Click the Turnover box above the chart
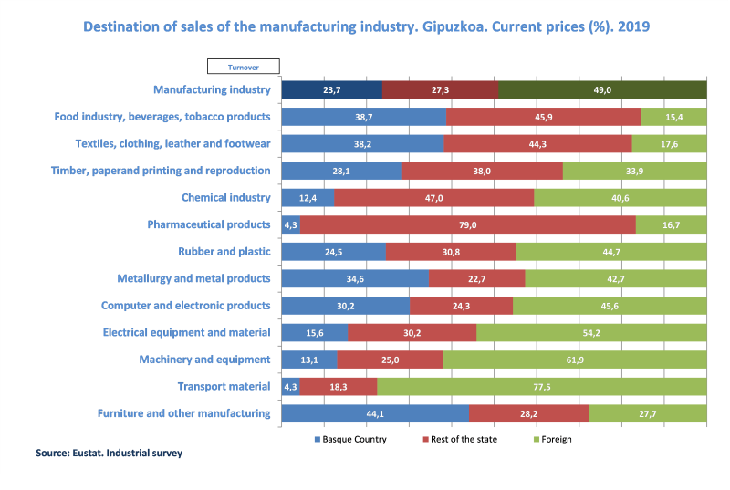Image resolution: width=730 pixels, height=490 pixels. pyautogui.click(x=244, y=66)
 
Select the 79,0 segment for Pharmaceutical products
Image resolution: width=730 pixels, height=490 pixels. pyautogui.click(x=468, y=224)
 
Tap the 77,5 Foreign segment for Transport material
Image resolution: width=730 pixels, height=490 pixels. pyautogui.click(x=542, y=387)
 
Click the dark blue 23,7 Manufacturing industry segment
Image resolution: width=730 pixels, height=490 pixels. pyautogui.click(x=331, y=89)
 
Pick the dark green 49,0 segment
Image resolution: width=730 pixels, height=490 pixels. pyautogui.click(x=602, y=89)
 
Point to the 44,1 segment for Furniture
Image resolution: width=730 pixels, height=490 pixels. pyautogui.click(x=375, y=413)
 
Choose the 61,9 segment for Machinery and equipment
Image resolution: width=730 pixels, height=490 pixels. pyautogui.click(x=575, y=360)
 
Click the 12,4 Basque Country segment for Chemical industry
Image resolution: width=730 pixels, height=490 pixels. pyautogui.click(x=308, y=198)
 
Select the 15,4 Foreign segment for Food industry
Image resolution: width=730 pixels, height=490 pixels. pyautogui.click(x=673, y=117)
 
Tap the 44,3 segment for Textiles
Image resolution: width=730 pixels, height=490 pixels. pyautogui.click(x=537, y=144)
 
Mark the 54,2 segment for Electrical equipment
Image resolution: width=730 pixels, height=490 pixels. pyautogui.click(x=591, y=333)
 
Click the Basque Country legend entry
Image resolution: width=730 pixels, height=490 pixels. pyautogui.click(x=349, y=439)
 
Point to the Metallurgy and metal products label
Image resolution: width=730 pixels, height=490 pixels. pyautogui.click(x=193, y=278)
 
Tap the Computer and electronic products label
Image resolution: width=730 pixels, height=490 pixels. pyautogui.click(x=185, y=306)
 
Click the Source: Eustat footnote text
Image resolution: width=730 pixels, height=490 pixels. pyautogui.click(x=109, y=453)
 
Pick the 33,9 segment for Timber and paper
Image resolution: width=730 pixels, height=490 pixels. pyautogui.click(x=634, y=171)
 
